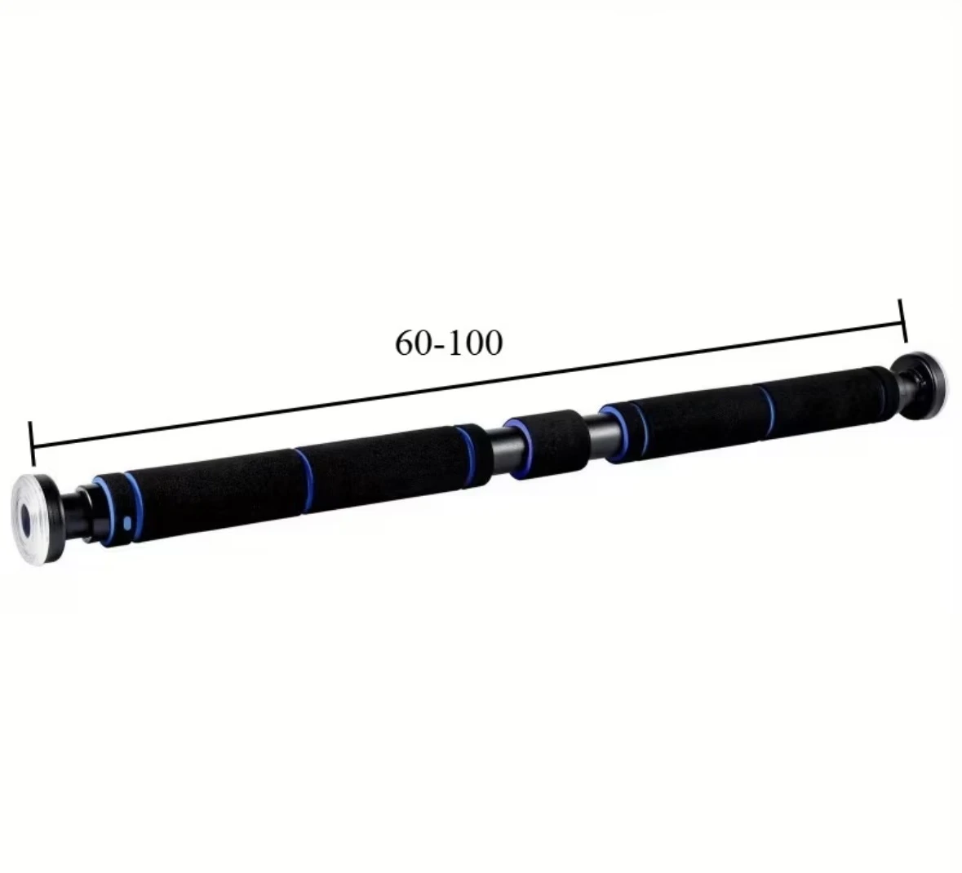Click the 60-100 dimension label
tap(449, 343)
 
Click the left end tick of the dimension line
tap(32, 444)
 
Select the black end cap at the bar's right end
tap(923, 388)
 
